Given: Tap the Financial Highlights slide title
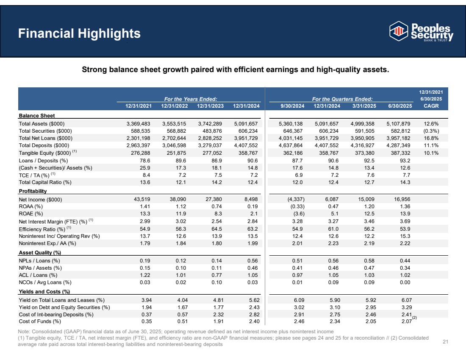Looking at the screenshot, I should pos(79,33).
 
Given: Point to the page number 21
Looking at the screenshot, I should pos(445,342).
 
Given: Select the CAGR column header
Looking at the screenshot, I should pos(431,106).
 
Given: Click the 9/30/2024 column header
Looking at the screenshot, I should pos(292,106).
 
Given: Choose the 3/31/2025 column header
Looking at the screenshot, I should pos(363,106).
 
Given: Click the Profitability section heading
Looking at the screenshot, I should pos(33,191).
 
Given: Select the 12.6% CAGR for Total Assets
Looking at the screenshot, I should pos(432,124).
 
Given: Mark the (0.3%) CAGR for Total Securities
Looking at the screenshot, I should pos(431,131).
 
